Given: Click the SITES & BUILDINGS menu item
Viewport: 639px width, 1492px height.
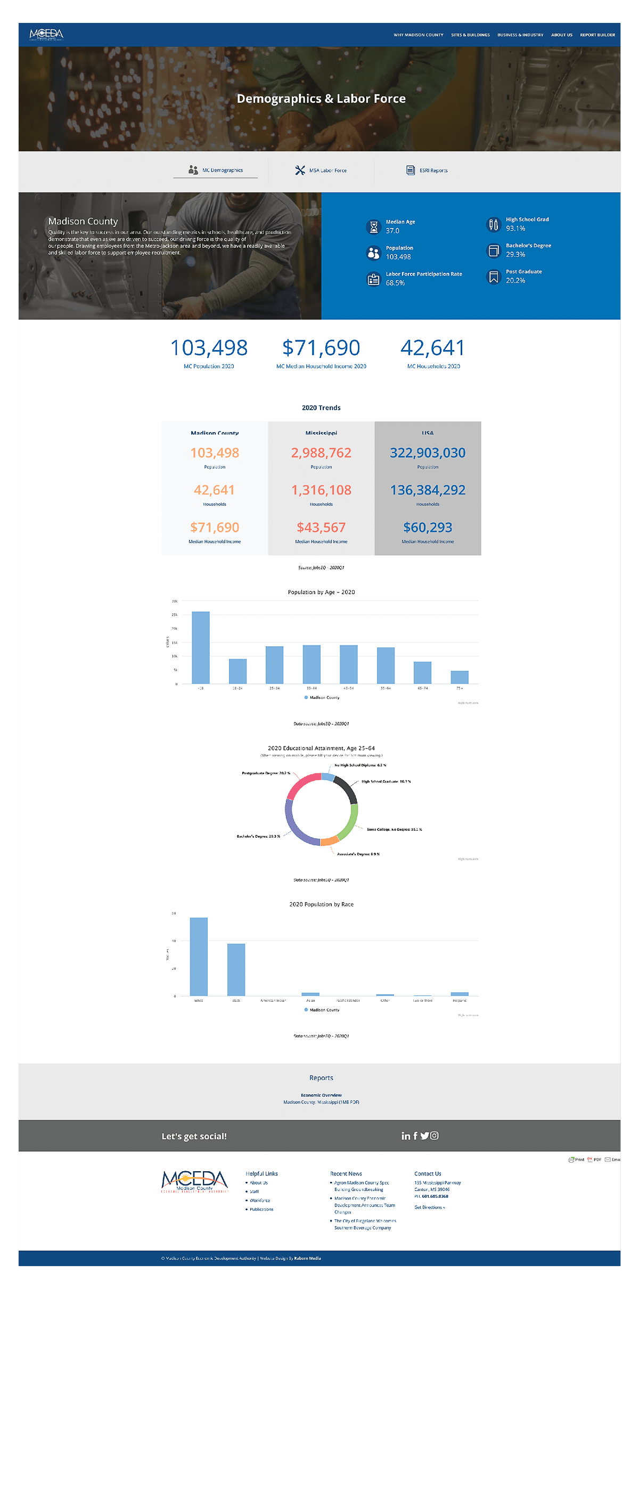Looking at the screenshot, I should pyautogui.click(x=470, y=35).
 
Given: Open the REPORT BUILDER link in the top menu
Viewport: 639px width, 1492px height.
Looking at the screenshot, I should pyautogui.click(x=597, y=35).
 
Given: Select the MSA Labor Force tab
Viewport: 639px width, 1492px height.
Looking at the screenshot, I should pyautogui.click(x=321, y=171).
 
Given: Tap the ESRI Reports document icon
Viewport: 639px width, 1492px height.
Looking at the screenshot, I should pyautogui.click(x=411, y=171).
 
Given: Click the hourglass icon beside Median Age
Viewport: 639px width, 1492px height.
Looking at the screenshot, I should pyautogui.click(x=374, y=226).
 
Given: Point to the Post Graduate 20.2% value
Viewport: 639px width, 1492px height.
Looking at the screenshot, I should pyautogui.click(x=515, y=281).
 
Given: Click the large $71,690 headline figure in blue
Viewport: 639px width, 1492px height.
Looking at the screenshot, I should pyautogui.click(x=321, y=348).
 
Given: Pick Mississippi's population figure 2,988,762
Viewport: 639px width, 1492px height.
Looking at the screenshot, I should pyautogui.click(x=321, y=453).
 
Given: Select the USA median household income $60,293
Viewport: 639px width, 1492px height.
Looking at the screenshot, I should pyautogui.click(x=428, y=528).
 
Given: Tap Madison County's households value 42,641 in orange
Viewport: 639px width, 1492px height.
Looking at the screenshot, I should pyautogui.click(x=215, y=491).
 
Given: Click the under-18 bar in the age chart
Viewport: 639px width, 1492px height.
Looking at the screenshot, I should pyautogui.click(x=201, y=647).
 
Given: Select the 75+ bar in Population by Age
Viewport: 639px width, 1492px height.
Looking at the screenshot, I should pyautogui.click(x=460, y=677).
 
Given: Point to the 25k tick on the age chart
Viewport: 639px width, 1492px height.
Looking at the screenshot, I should pyautogui.click(x=174, y=614).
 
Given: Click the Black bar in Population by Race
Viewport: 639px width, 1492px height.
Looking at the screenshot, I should pyautogui.click(x=236, y=970).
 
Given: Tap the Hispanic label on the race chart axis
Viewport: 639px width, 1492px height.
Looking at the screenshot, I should pyautogui.click(x=460, y=1000).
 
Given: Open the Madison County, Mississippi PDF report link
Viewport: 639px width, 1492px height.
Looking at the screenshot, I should pyautogui.click(x=321, y=1102).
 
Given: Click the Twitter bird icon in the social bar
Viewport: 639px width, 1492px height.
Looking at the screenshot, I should pyautogui.click(x=425, y=1136).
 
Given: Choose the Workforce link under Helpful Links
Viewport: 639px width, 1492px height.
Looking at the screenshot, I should pyautogui.click(x=260, y=1201).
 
